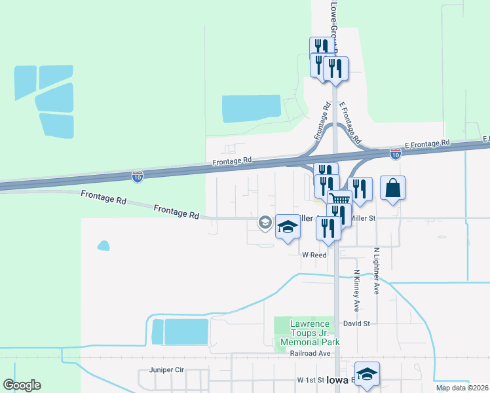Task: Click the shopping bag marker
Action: [392, 189]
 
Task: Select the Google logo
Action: [22, 385]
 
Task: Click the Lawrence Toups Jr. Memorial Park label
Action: [310, 333]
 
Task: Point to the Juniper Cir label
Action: [167, 370]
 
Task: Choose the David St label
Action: [356, 324]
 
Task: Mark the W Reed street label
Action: [314, 255]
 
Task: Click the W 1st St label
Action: [311, 380]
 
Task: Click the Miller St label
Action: [363, 218]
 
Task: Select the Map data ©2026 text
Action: [462, 388]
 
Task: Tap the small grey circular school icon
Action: [265, 223]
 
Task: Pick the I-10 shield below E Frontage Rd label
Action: [395, 154]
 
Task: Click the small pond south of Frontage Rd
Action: [104, 246]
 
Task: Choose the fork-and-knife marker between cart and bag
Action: [360, 189]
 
